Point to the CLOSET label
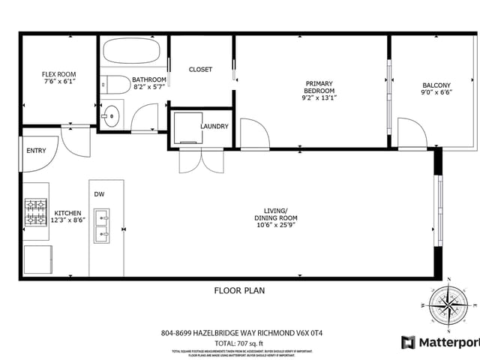click(x=200, y=70)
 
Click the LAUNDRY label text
click(x=214, y=127)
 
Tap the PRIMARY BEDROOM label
click(x=318, y=87)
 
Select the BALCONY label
click(x=436, y=85)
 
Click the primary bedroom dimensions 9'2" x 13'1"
click(x=318, y=97)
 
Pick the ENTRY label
click(x=36, y=151)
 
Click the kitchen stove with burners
click(x=36, y=212)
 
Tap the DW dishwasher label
click(x=99, y=194)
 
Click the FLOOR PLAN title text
click(x=239, y=290)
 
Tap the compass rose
click(x=448, y=307)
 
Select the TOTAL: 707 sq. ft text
click(x=239, y=343)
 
